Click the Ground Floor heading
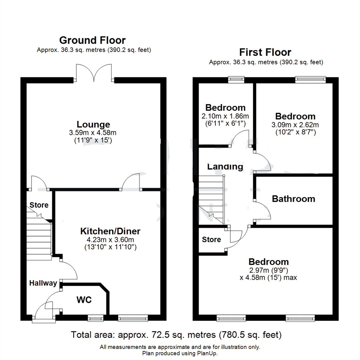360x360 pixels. [x=92, y=40]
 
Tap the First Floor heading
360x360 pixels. [x=265, y=52]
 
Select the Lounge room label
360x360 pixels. [x=94, y=124]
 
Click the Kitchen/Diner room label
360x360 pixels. [x=110, y=231]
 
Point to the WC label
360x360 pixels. [x=84, y=300]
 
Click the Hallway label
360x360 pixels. [x=43, y=283]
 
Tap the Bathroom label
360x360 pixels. [x=293, y=199]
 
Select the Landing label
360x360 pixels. [x=225, y=166]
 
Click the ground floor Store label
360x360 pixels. [x=39, y=205]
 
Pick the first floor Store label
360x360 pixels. [x=211, y=239]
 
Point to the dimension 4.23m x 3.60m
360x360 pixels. [x=110, y=239]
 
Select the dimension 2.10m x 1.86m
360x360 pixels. [x=225, y=116]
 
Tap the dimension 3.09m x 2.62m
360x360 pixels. [x=295, y=125]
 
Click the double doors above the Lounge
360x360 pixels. [x=95, y=73]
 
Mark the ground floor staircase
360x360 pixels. [x=39, y=238]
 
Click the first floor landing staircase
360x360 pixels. [x=211, y=199]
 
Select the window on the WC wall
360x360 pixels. [x=95, y=319]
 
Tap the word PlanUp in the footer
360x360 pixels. [x=208, y=353]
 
